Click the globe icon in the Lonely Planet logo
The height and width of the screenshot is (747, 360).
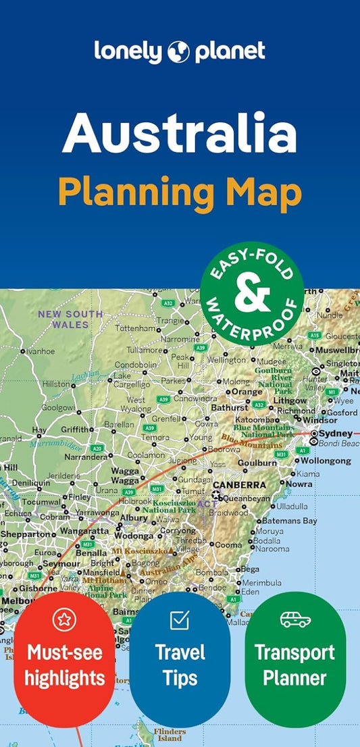(x=180, y=51)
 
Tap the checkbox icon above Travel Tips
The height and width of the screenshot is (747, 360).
(x=180, y=619)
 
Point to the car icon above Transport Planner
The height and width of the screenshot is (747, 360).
(x=295, y=619)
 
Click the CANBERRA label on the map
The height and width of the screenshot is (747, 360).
(x=239, y=485)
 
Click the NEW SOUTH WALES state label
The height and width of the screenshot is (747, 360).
(x=70, y=319)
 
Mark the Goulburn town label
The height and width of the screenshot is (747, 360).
(x=257, y=463)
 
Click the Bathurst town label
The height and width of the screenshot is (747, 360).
(x=230, y=407)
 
